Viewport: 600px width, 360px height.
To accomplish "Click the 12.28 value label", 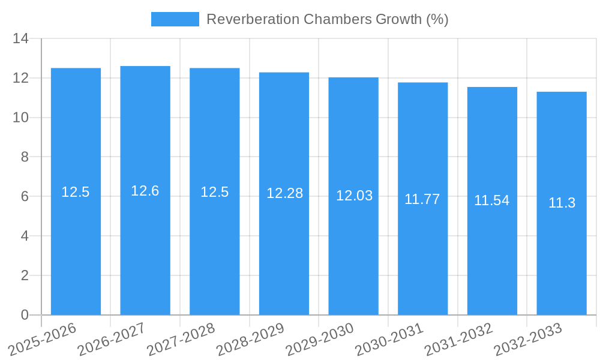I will pyautogui.click(x=284, y=193).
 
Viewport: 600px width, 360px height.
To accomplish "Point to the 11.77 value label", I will pyautogui.click(x=422, y=199).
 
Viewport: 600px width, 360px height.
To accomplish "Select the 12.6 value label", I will pyautogui.click(x=145, y=191).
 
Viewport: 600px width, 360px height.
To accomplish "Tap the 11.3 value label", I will pyautogui.click(x=562, y=203).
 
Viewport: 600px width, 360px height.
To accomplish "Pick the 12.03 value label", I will pyautogui.click(x=354, y=196).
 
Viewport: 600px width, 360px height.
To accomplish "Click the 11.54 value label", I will pyautogui.click(x=492, y=200).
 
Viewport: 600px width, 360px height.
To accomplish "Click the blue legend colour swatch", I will pyautogui.click(x=175, y=19).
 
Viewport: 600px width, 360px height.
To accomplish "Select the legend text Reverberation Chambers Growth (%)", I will pyautogui.click(x=328, y=19).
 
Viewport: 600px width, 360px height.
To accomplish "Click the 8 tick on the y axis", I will pyautogui.click(x=25, y=157).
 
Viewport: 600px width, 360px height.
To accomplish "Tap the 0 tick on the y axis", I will pyautogui.click(x=25, y=315).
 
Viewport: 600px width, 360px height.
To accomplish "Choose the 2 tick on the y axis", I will pyautogui.click(x=25, y=275).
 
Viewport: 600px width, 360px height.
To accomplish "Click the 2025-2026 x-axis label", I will pyautogui.click(x=43, y=338).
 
